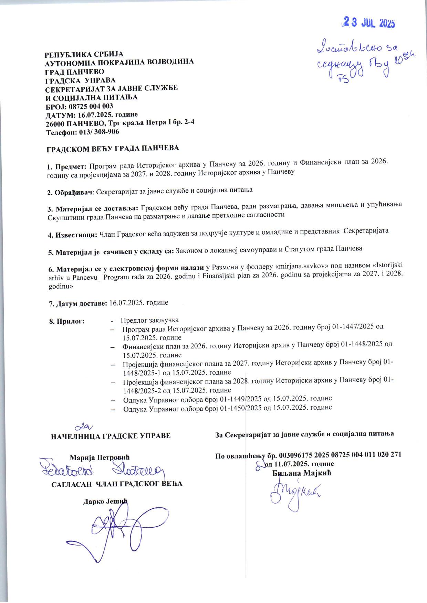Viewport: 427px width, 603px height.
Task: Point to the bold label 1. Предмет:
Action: pos(67,167)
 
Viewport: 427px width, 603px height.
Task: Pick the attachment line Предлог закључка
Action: pos(150,320)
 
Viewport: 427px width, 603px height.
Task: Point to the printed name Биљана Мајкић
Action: pos(302,473)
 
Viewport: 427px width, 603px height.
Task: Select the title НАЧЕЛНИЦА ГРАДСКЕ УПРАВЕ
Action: pos(111,436)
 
